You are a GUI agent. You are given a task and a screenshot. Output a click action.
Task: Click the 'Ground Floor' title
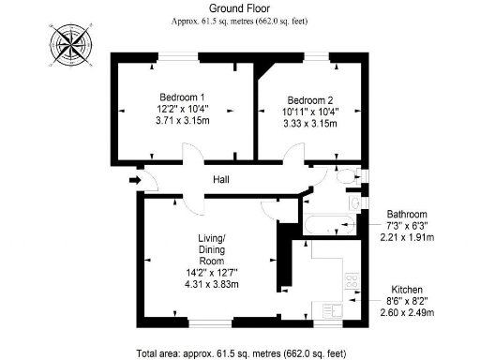239,7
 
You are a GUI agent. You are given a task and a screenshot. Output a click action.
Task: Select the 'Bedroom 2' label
311,100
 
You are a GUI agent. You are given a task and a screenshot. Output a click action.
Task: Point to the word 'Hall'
221,179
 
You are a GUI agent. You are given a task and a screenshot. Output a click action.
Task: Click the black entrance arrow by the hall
134,179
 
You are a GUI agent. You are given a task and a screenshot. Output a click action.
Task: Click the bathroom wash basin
354,202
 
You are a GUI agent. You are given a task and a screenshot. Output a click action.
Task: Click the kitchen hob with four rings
353,281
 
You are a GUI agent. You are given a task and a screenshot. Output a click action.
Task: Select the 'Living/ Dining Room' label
212,249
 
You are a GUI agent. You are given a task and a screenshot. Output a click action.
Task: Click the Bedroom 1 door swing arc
190,154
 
